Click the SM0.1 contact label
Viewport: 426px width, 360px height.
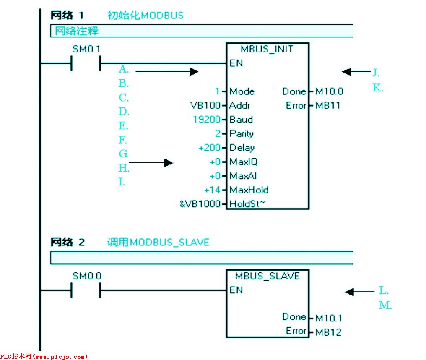(86, 49)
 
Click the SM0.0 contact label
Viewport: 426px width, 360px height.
(87, 276)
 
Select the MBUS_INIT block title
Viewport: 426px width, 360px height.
(267, 49)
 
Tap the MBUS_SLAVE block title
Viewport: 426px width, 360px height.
(267, 276)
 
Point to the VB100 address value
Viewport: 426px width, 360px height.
(205, 105)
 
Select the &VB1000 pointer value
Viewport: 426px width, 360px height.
(200, 204)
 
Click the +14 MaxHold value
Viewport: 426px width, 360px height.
(212, 190)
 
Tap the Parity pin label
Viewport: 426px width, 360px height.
(242, 134)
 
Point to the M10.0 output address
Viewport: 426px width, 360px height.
(329, 91)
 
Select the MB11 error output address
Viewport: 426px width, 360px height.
(328, 106)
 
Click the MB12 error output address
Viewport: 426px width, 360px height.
(328, 332)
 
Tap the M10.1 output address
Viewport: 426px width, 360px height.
(329, 318)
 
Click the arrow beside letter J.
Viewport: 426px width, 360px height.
(356, 72)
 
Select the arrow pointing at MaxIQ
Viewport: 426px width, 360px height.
(151, 162)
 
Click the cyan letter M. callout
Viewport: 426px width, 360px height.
(385, 305)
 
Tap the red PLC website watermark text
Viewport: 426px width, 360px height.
(44, 357)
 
